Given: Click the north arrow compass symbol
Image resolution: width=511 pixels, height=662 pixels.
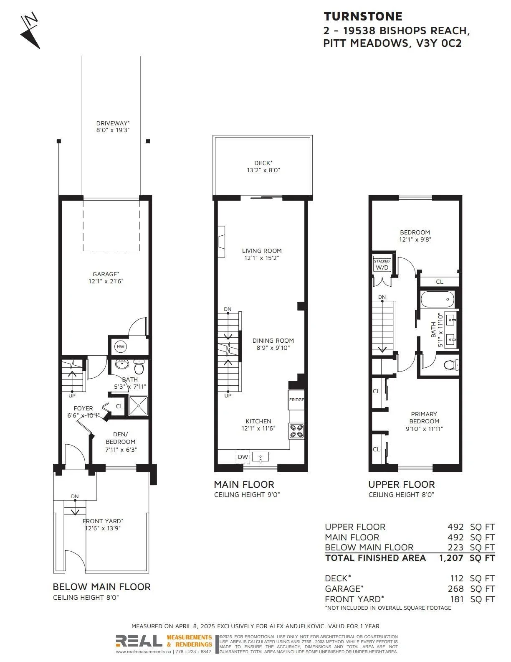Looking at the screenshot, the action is click(30, 31).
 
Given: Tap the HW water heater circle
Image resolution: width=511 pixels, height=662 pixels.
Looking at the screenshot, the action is click(121, 347).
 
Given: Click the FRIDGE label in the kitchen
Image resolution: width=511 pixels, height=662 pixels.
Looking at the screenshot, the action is click(296, 400).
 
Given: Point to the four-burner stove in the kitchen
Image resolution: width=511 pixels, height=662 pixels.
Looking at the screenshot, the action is click(296, 431).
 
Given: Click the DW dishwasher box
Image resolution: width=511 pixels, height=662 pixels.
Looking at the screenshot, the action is click(243, 457).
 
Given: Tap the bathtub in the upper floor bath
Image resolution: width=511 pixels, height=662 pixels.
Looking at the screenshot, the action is click(438, 299).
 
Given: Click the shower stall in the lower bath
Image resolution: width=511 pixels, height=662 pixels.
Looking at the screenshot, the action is click(139, 405).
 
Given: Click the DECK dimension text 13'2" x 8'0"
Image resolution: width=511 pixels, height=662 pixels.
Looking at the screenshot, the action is click(263, 170).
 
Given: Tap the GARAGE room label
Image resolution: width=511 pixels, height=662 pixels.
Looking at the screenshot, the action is click(106, 274).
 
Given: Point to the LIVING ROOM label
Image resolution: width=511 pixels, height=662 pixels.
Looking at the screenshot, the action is click(262, 251).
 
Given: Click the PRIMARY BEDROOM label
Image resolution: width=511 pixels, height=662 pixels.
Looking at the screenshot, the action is click(424, 418).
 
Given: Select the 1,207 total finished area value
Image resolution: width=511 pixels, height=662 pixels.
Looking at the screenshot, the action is click(451, 558).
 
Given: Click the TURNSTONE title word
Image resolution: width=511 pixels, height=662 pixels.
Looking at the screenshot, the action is click(363, 16).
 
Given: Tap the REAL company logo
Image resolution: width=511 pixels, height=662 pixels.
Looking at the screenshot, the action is click(139, 641).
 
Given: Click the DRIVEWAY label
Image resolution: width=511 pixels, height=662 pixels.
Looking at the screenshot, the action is click(113, 123).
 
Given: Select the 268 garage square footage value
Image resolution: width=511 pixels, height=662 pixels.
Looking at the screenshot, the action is click(455, 589).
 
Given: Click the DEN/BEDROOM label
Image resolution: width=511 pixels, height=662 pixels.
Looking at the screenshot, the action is click(121, 438).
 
